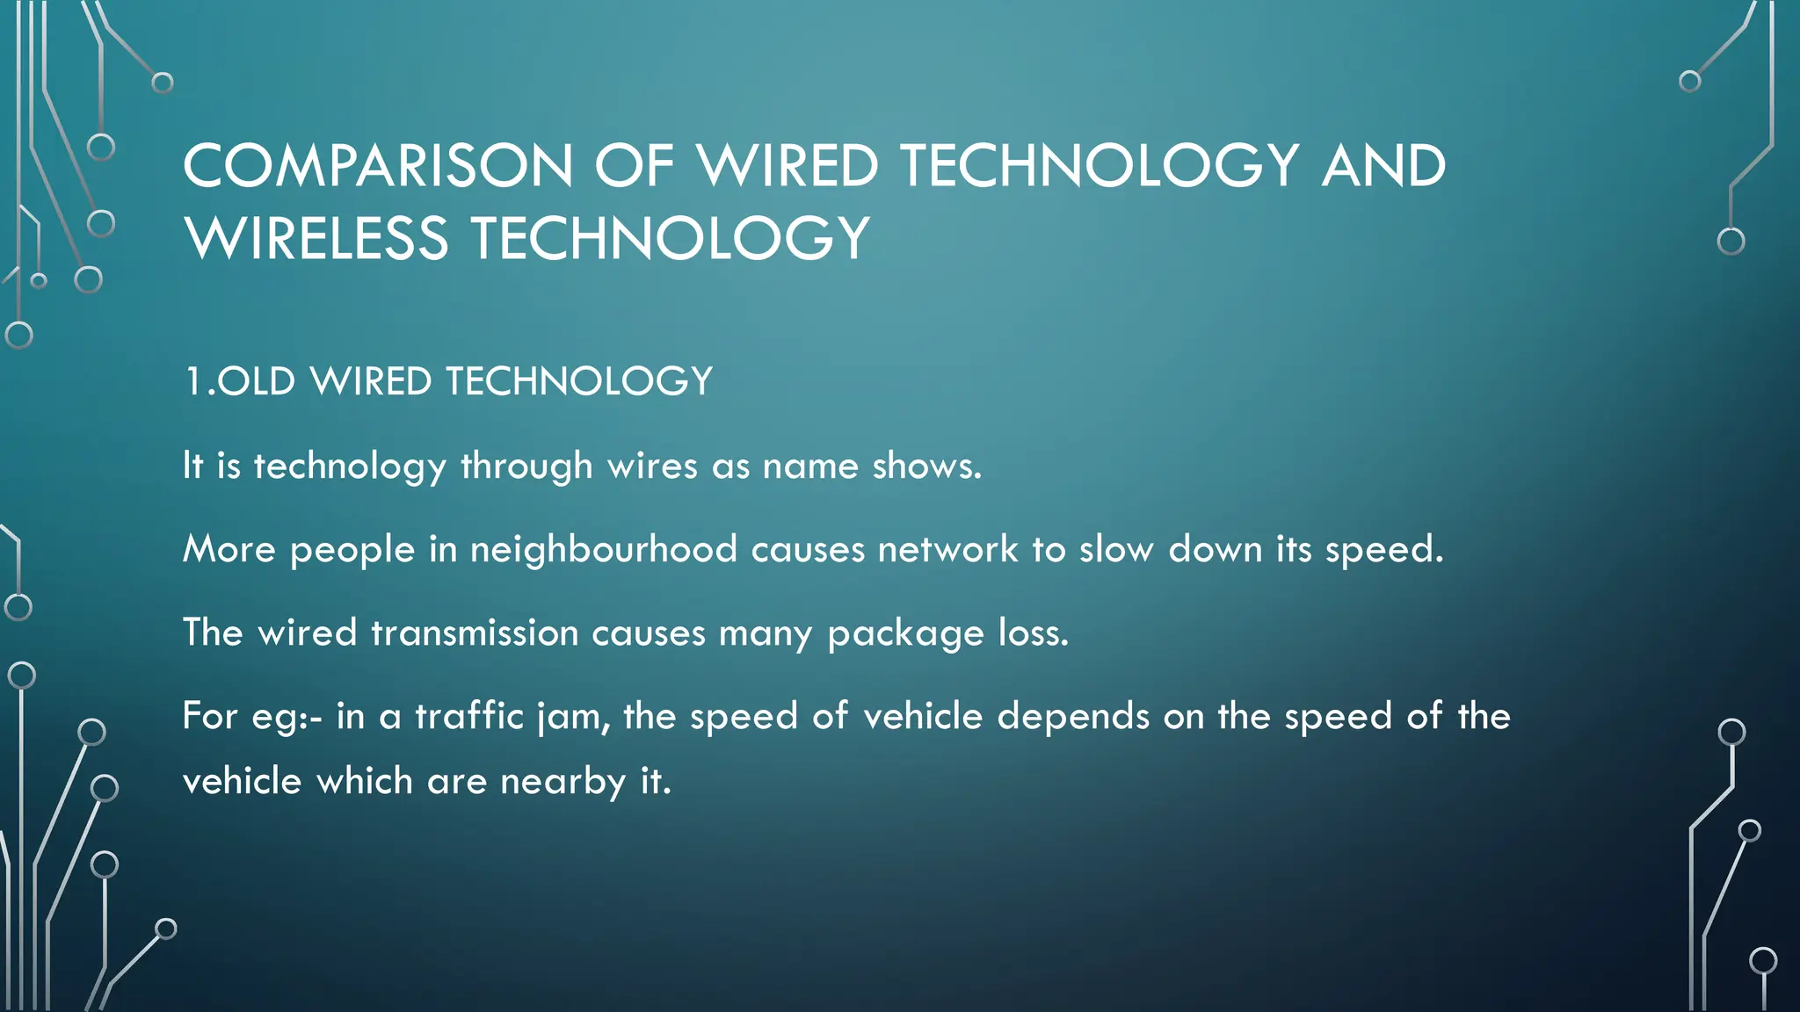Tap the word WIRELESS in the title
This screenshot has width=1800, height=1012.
(x=316, y=239)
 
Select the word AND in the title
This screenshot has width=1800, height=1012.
(x=1383, y=166)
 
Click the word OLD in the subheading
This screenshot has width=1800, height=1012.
(x=256, y=382)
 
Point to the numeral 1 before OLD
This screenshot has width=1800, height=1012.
(x=192, y=382)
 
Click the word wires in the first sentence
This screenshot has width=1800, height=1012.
(x=652, y=466)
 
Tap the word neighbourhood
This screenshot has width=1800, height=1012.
(x=604, y=550)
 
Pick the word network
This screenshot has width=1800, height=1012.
(x=947, y=550)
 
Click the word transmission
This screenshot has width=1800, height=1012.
(x=475, y=633)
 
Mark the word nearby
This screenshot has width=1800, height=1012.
(x=562, y=782)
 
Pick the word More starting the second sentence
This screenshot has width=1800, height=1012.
(x=229, y=550)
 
